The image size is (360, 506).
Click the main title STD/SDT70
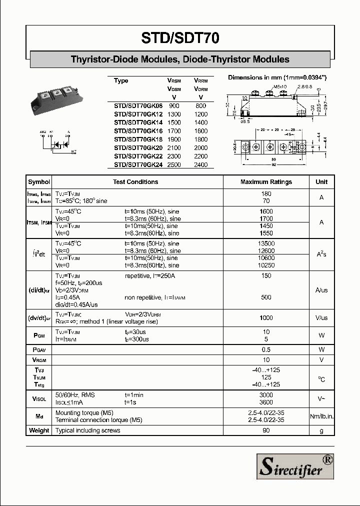[x=180, y=38]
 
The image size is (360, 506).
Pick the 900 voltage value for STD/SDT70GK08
[x=174, y=106]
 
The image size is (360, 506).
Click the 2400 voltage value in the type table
[x=200, y=164]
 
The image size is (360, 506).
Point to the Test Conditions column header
[x=135, y=182]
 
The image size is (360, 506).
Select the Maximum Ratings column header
[x=266, y=182]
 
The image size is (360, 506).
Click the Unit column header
[x=321, y=182]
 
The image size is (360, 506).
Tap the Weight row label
[x=39, y=430]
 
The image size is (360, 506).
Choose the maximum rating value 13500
[x=266, y=243]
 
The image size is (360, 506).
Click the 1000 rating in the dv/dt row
[x=266, y=318]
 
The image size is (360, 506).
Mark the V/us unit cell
[x=321, y=318]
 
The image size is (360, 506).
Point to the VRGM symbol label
[x=39, y=360]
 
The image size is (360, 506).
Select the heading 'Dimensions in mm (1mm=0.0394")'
[x=277, y=77]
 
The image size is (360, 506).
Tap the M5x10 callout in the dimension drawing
[x=280, y=87]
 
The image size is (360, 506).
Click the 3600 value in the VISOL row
[x=266, y=402]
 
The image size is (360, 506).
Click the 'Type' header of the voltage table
[x=121, y=80]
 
